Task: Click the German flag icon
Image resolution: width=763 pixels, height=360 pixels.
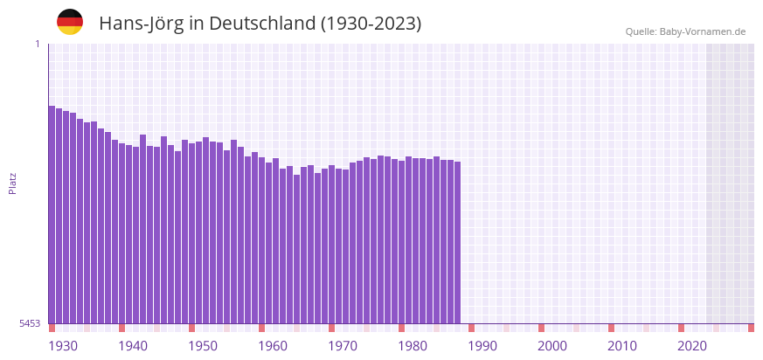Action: point(70,22)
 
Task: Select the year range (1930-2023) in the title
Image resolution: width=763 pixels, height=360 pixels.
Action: point(371,24)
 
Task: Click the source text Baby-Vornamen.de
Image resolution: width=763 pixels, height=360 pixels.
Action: point(703,31)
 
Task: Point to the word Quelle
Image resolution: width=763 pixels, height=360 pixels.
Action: point(640,31)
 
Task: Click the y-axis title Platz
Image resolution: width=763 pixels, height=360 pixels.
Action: point(13,183)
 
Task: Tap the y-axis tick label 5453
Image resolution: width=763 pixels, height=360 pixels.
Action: point(30,323)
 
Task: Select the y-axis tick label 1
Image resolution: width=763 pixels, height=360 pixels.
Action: point(37,44)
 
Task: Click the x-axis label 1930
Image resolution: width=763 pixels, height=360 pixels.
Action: point(63,346)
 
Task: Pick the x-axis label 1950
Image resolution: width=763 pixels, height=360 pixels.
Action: point(203,346)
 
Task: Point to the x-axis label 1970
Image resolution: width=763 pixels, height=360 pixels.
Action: point(343,346)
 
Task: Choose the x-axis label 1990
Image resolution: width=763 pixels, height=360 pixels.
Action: point(482,346)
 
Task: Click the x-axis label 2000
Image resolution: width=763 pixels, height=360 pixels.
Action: point(552,346)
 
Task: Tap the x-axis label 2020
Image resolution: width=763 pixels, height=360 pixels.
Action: point(692,346)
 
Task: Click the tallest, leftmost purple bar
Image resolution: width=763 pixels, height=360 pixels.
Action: point(52,214)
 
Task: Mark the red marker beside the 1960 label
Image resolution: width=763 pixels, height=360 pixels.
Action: point(261,328)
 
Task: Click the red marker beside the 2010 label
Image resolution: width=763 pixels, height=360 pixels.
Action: point(611,328)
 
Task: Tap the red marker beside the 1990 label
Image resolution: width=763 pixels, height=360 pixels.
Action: point(471,328)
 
